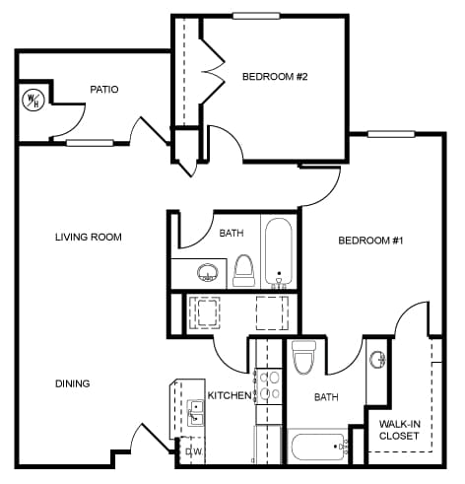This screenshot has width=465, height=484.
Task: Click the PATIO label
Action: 103,90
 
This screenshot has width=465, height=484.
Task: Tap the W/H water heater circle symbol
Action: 33,101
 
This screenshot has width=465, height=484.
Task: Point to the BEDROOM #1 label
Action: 370,241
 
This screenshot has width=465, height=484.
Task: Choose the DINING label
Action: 73,383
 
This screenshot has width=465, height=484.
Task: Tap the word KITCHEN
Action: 229,395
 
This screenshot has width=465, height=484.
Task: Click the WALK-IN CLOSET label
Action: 399,430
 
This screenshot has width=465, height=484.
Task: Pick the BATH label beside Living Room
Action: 232,234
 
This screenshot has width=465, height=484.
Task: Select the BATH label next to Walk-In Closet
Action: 326,397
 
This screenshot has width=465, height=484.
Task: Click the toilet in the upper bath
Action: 243,269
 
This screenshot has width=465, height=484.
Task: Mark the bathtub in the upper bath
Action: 278,252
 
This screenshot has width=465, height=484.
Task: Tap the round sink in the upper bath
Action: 207,271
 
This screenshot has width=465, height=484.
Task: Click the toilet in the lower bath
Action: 303,358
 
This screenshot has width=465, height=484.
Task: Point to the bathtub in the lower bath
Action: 318,448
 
